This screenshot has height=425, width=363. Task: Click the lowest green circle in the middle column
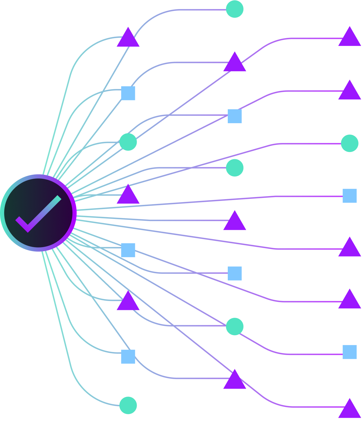[234, 326]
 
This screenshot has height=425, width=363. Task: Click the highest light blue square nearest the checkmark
[128, 93]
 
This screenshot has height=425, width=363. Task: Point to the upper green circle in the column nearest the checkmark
[128, 142]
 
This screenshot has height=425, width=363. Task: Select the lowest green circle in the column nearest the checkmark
[128, 402]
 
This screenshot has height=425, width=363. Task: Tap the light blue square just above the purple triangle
[128, 250]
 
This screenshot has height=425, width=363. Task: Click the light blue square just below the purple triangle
[128, 356]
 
